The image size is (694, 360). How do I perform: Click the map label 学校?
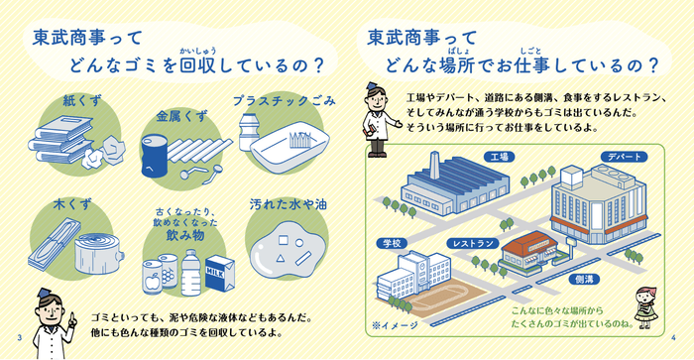click(390, 242)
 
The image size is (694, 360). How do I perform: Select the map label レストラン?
click(472, 242)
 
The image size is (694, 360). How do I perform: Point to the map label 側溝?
click(584, 281)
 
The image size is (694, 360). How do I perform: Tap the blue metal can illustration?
click(154, 157)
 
